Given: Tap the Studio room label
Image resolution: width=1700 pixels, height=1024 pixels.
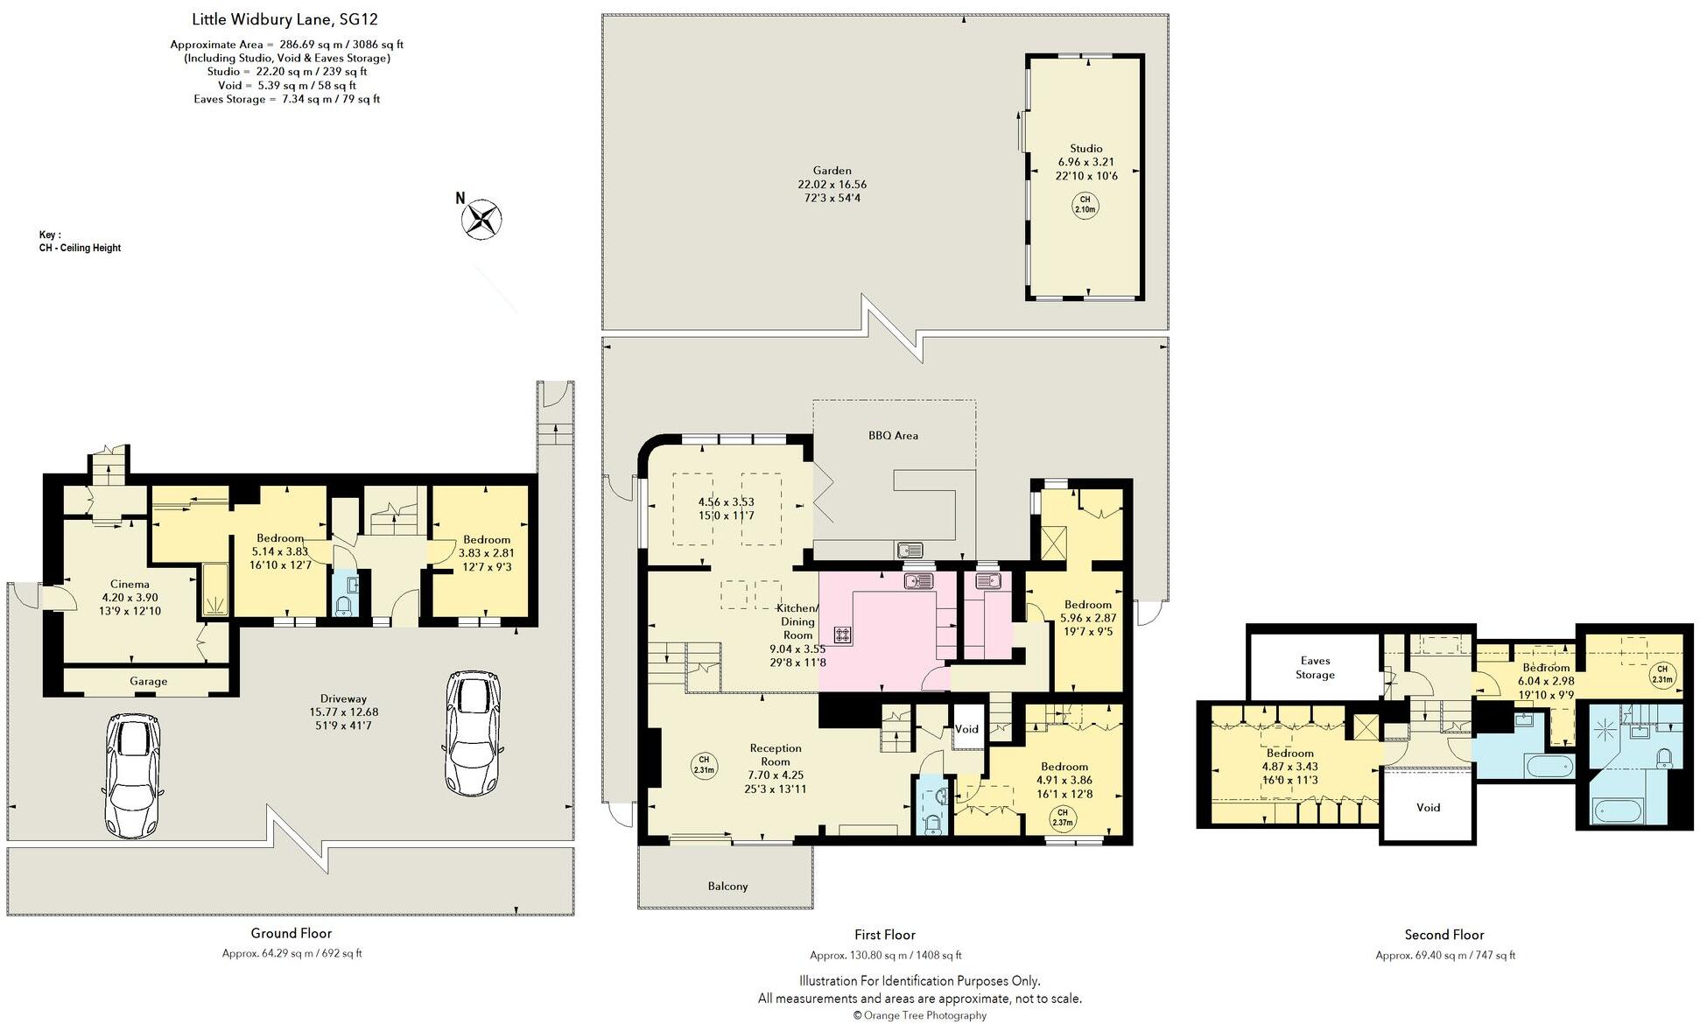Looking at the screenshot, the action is pyautogui.click(x=1085, y=149).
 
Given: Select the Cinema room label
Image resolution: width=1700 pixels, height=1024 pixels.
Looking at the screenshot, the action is pyautogui.click(x=130, y=585).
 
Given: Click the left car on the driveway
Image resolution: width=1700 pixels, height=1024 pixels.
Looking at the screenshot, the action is pyautogui.click(x=132, y=775).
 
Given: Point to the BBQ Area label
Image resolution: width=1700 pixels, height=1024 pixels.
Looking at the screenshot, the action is pyautogui.click(x=893, y=435).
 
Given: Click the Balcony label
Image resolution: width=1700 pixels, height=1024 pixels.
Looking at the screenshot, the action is pyautogui.click(x=727, y=886).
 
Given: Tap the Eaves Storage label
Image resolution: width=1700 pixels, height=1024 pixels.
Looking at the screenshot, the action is pyautogui.click(x=1315, y=668).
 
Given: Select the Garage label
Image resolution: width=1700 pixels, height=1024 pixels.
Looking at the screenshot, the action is pyautogui.click(x=148, y=681).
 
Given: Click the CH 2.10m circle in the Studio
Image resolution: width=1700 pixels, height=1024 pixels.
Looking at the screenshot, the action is pyautogui.click(x=1085, y=206).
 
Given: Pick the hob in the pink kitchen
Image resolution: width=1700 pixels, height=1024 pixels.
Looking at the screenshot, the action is pyautogui.click(x=842, y=635).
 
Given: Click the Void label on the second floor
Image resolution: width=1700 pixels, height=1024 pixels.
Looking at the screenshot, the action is pyautogui.click(x=1428, y=808).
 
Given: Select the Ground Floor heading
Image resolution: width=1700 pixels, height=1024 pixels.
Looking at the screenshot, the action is pyautogui.click(x=292, y=934).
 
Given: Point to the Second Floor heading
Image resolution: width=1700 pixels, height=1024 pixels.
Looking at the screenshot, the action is pyautogui.click(x=1444, y=935).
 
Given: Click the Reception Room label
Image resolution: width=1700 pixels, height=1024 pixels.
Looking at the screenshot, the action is pyautogui.click(x=776, y=755).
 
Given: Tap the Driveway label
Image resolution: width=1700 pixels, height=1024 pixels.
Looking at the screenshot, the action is pyautogui.click(x=343, y=698).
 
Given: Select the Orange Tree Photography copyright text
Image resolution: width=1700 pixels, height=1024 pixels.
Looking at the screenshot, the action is pyautogui.click(x=919, y=1015).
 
